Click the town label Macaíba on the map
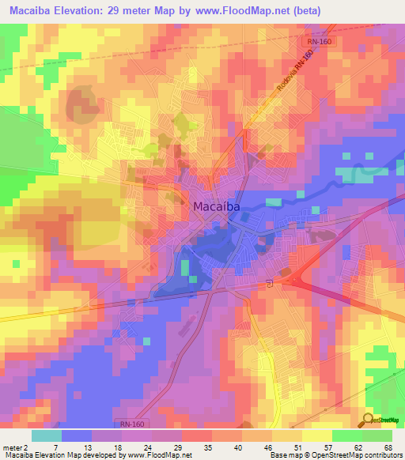point(216,206)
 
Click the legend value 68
point(388,447)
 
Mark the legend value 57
point(331,447)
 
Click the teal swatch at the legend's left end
point(47,435)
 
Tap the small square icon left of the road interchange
point(270,283)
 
